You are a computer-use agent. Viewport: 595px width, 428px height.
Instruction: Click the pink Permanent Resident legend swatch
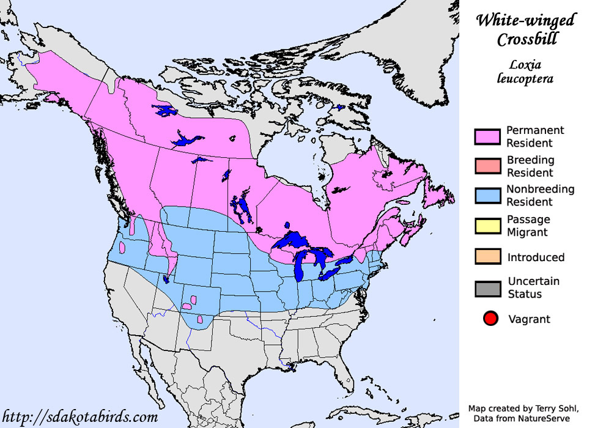pos(487,136)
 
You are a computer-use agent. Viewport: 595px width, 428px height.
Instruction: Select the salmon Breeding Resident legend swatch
pos(487,166)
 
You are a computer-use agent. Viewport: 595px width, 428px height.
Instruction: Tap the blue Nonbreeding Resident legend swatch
pos(487,195)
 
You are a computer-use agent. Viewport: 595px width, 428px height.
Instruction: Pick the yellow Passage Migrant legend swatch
pos(487,225)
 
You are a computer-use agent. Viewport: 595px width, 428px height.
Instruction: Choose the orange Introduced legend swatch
pos(487,257)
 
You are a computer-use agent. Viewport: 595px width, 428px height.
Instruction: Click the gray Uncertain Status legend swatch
pos(487,287)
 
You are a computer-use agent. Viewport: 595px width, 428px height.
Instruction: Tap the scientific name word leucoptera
pos(525,78)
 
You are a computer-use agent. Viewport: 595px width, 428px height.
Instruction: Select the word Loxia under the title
pos(525,64)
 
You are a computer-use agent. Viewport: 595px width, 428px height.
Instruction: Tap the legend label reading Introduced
pos(536,257)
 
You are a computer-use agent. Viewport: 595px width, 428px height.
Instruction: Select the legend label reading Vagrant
pos(529,319)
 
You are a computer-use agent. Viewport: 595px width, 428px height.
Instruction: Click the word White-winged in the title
pos(525,21)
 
